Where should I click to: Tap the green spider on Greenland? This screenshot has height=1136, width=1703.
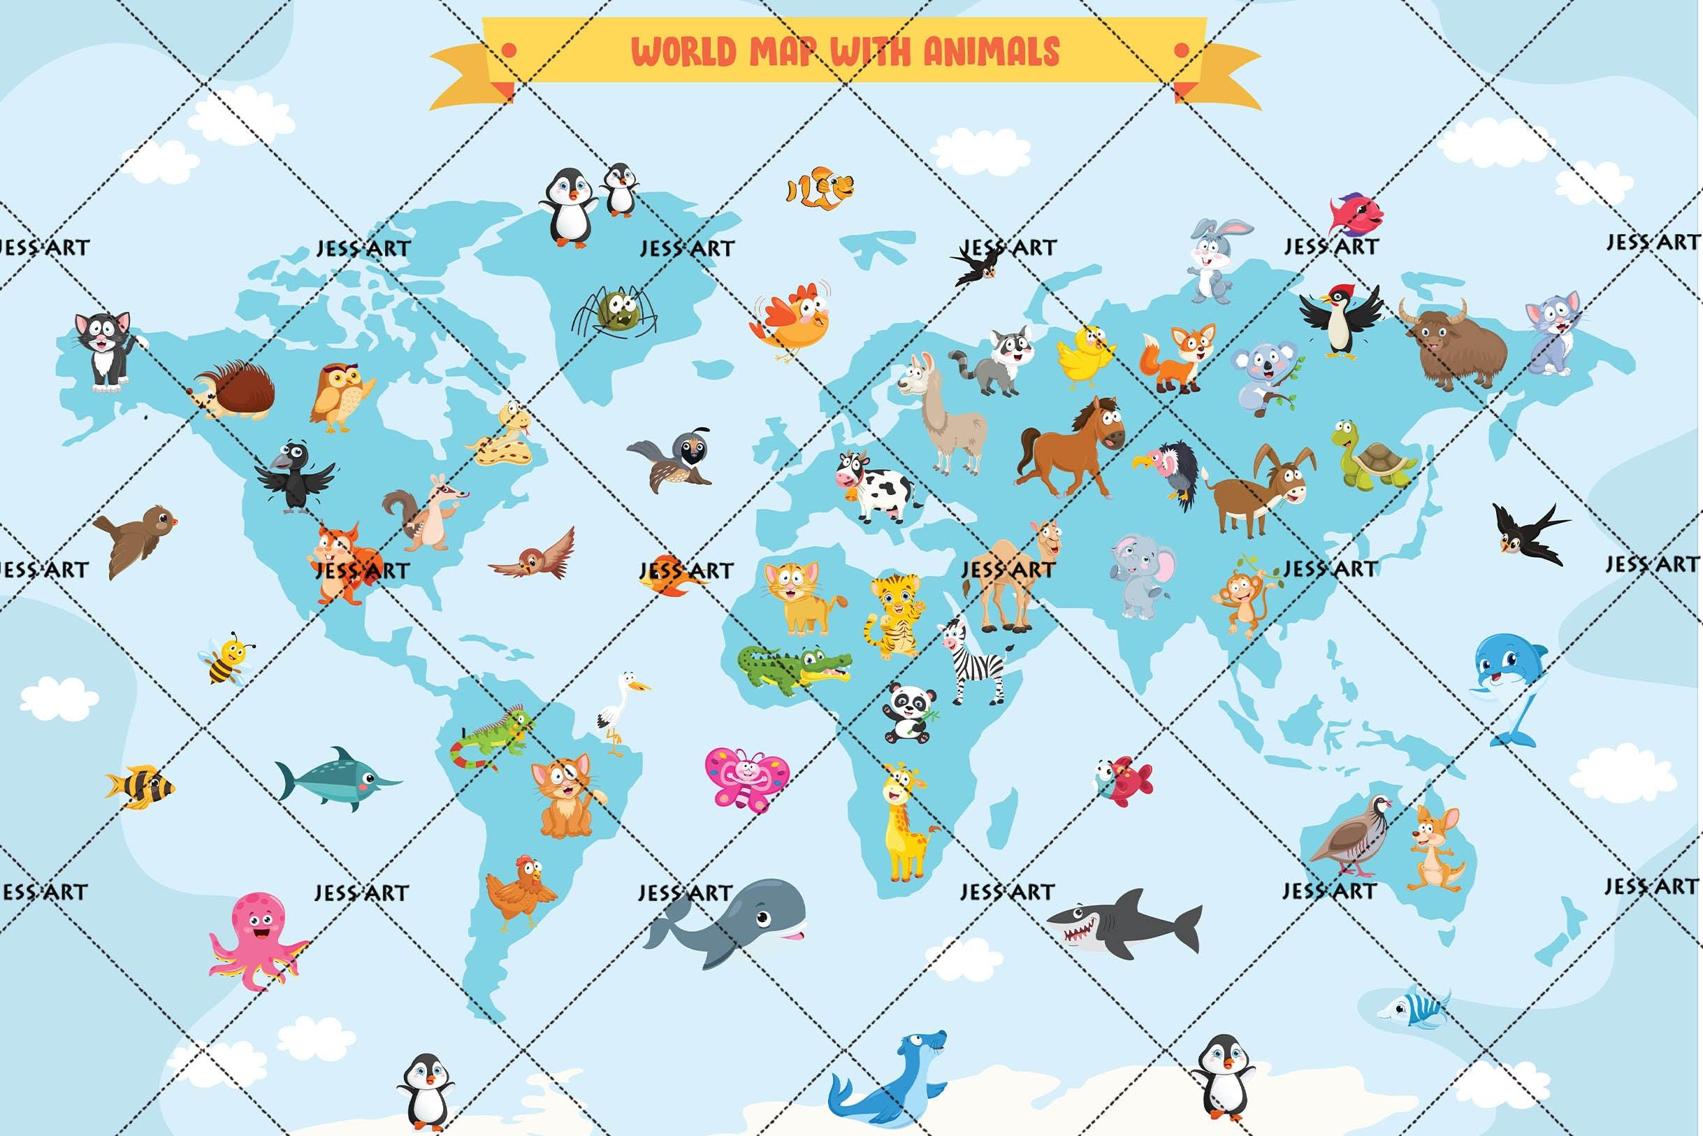pos(616,312)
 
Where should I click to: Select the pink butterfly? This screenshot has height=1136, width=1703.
pos(746,779)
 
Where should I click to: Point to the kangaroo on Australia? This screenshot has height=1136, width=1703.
pos(1434,848)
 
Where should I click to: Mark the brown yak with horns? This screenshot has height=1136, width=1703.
pos(1451,344)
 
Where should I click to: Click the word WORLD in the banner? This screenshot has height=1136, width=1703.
pos(684,52)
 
